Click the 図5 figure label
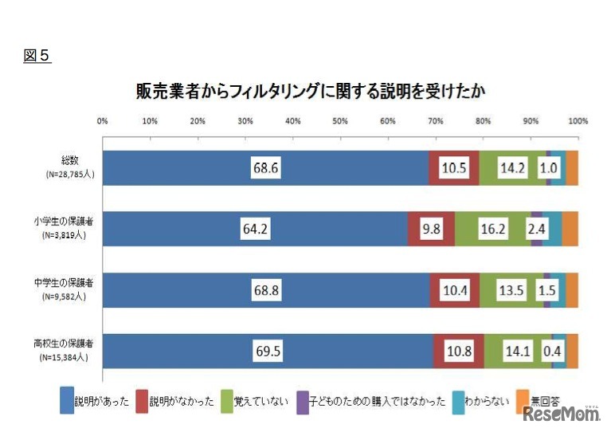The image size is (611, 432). (x=37, y=56)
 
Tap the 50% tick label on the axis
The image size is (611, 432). (x=340, y=121)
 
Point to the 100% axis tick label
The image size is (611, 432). (x=578, y=121)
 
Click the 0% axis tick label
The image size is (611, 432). (x=102, y=121)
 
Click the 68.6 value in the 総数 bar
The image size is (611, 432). (x=265, y=169)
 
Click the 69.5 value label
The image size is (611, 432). (x=268, y=351)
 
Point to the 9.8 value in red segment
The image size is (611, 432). (x=432, y=230)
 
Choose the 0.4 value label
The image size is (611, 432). (x=550, y=351)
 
